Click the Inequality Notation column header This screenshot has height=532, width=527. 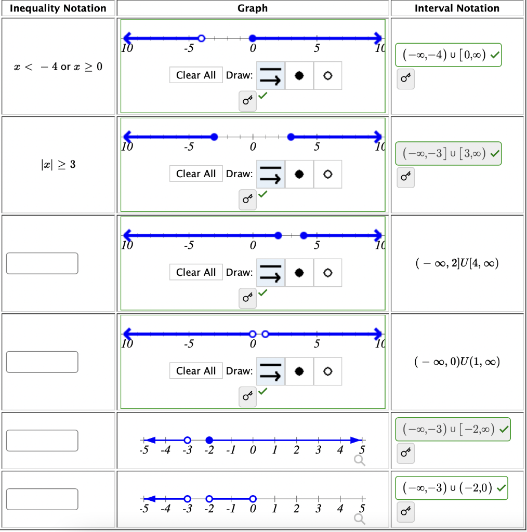[58, 8]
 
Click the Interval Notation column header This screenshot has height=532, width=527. [457, 8]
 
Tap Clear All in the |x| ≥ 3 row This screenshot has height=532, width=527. [196, 174]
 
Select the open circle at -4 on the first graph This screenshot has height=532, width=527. [202, 38]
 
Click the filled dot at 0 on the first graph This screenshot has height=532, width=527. [253, 38]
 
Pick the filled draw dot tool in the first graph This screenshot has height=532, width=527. [299, 75]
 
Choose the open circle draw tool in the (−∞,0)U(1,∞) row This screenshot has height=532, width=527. [327, 371]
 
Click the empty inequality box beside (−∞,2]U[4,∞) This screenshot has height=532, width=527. [42, 263]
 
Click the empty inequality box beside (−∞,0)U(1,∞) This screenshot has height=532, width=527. [42, 362]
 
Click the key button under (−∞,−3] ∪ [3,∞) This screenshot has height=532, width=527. [405, 177]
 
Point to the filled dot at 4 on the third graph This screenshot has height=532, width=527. [304, 235]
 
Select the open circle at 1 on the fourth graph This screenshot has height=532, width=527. [266, 334]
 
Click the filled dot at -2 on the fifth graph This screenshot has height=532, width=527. [209, 440]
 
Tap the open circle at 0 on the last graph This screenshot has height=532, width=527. [253, 499]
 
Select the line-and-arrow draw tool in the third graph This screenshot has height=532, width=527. [271, 272]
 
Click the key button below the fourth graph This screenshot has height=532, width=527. [247, 397]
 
